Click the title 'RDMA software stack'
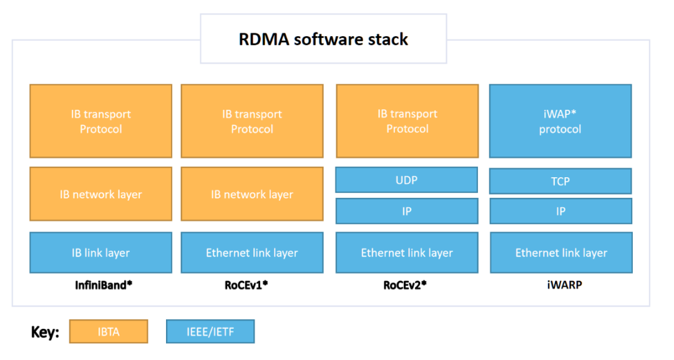[323, 39]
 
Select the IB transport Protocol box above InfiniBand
[100, 121]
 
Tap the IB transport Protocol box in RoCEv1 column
[252, 121]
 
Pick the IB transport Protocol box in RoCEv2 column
[407, 121]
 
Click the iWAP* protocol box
[560, 121]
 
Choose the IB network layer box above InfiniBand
[100, 194]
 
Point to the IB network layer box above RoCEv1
[252, 194]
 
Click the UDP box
[407, 180]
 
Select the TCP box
[560, 181]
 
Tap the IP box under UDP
[407, 211]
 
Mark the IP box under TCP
[560, 211]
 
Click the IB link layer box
[100, 253]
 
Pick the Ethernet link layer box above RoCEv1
[252, 253]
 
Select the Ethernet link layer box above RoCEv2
[407, 253]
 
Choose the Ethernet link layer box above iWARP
[560, 253]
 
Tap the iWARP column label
[561, 285]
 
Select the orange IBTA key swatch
[109, 331]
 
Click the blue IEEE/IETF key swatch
[210, 331]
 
